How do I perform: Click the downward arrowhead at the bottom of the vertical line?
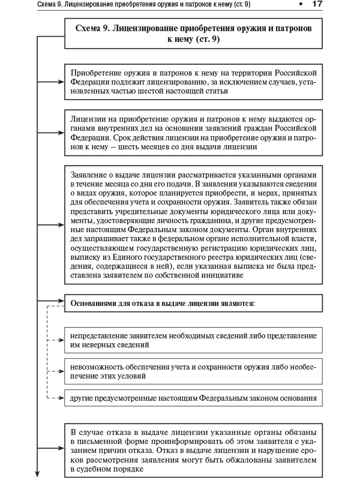[x=39, y=473]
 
